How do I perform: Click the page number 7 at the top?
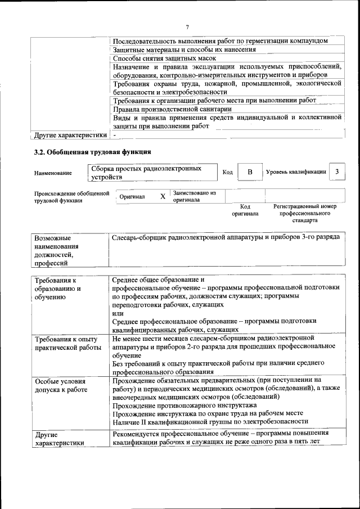click(x=187, y=26)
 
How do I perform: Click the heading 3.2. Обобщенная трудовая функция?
click(x=92, y=152)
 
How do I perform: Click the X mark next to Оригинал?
click(x=163, y=197)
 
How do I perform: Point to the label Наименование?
click(x=53, y=173)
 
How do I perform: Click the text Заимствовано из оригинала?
click(x=194, y=196)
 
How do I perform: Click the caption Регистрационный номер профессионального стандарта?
click(x=304, y=214)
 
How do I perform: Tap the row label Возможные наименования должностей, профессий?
click(x=56, y=250)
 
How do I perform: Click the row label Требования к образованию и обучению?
click(x=58, y=289)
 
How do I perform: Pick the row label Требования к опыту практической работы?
click(x=66, y=344)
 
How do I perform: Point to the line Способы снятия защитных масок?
click(x=164, y=58)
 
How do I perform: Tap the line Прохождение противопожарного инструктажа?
click(x=184, y=405)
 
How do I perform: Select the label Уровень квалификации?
click(x=296, y=172)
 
